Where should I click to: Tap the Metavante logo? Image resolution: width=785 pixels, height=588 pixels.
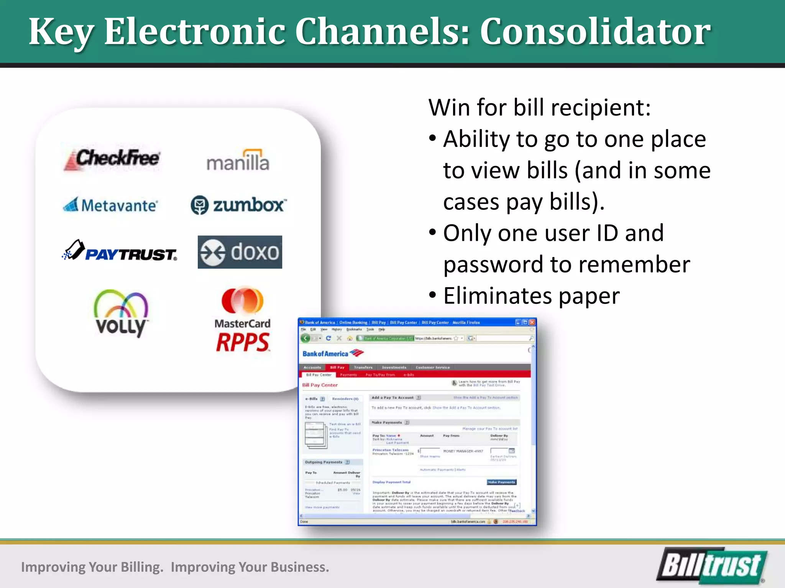(110, 205)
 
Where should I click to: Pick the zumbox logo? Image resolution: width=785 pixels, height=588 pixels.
(238, 205)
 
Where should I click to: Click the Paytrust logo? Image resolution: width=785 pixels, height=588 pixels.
(120, 252)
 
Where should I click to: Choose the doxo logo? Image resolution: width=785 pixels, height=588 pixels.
(240, 252)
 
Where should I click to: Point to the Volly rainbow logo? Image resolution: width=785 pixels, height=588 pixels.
(121, 312)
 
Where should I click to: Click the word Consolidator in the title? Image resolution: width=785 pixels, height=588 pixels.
(595, 31)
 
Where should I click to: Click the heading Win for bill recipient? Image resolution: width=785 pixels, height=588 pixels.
(539, 107)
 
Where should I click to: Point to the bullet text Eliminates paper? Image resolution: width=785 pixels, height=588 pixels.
(531, 296)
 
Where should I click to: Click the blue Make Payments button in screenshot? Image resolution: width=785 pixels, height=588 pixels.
(502, 482)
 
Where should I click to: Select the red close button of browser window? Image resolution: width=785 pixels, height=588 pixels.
(532, 322)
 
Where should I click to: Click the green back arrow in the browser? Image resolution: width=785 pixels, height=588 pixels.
(305, 338)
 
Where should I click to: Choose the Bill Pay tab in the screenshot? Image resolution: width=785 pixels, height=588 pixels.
(337, 367)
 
